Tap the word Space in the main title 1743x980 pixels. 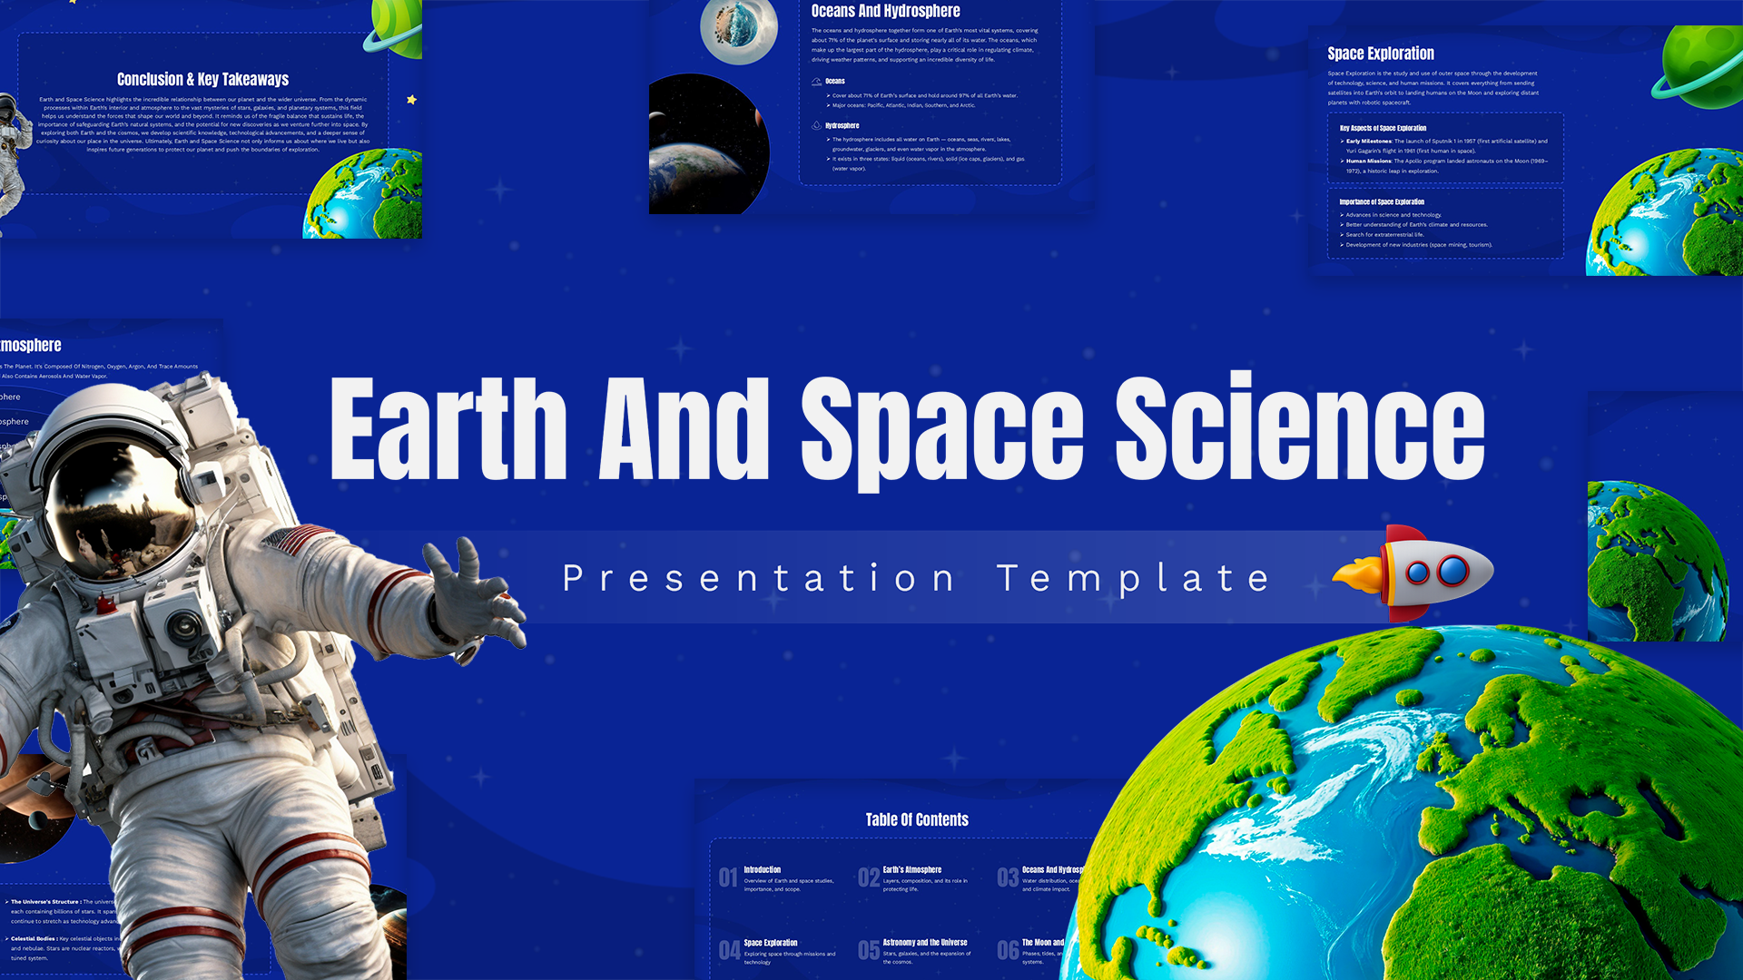coord(941,430)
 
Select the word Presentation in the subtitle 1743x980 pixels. coord(759,579)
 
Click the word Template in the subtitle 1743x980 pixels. coord(1133,579)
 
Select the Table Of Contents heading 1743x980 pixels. coord(917,819)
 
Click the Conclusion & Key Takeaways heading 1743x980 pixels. coord(202,80)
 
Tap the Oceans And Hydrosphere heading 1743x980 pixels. coord(885,12)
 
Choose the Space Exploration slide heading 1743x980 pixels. coord(1380,54)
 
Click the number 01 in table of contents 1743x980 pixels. coord(728,877)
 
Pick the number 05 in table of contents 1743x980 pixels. coord(868,950)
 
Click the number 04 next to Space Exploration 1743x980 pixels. coord(729,950)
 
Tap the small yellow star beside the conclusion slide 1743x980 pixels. coord(411,100)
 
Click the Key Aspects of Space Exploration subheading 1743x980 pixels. coord(1383,128)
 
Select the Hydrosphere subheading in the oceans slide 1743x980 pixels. coord(842,125)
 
